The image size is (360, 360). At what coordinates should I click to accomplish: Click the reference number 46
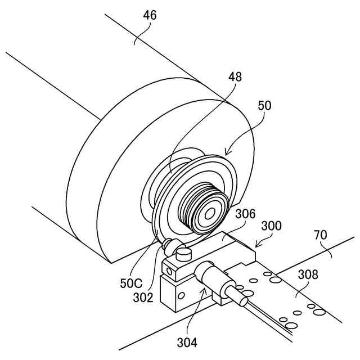149,15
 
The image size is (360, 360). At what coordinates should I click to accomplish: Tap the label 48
235,78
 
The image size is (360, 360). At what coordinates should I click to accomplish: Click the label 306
245,214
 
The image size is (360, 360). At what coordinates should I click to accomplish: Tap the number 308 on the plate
308,275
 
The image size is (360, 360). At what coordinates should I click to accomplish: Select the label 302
143,298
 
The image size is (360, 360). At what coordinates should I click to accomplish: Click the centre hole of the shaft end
210,214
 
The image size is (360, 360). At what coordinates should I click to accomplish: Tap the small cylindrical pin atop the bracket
183,254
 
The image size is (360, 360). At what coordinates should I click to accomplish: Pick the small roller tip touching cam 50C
166,245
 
